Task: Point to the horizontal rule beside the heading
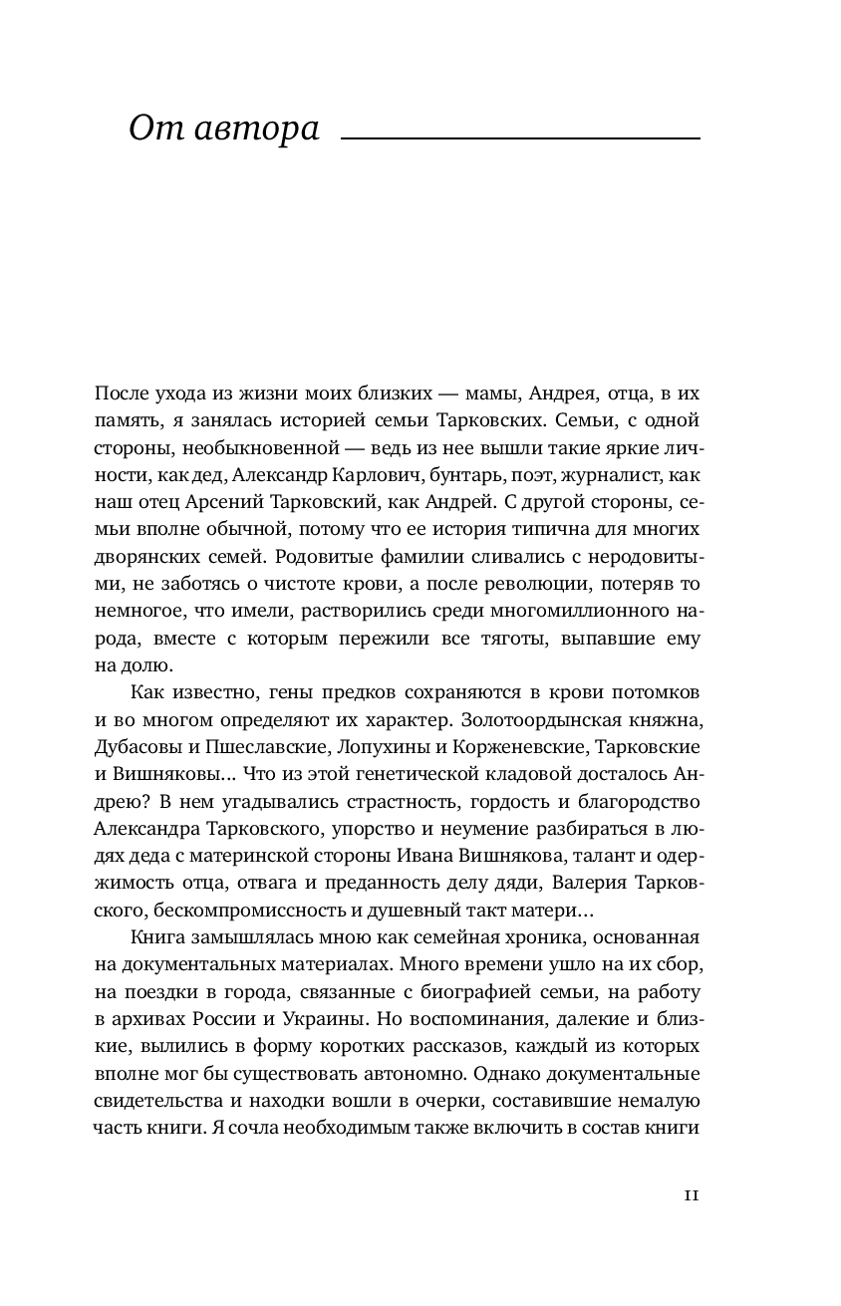point(520,138)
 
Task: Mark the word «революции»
point(530,583)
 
